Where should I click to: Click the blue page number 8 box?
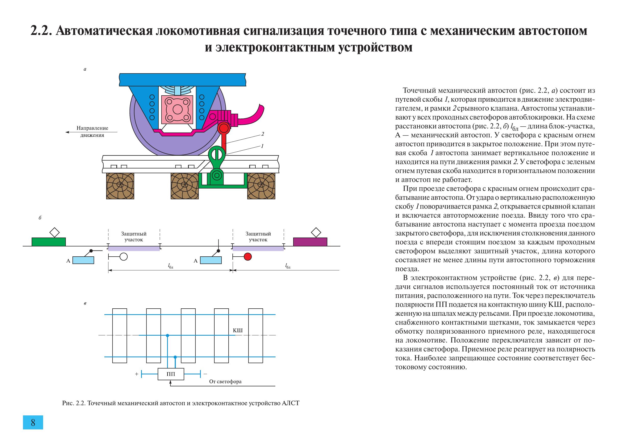pos(33,422)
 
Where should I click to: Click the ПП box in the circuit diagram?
pos(171,374)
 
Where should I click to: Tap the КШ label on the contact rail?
pos(238,330)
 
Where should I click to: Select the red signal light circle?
pos(247,257)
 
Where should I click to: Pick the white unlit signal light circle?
pos(123,257)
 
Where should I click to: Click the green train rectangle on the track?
pos(49,242)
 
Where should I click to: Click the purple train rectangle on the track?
pos(310,242)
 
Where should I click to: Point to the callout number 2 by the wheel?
pos(263,134)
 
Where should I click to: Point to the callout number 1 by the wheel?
pos(263,146)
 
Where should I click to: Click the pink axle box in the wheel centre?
pos(178,110)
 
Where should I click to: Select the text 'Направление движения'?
pos(92,132)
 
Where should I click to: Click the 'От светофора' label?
pos(225,382)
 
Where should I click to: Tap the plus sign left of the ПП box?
pos(136,374)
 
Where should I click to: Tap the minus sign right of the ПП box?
pos(205,374)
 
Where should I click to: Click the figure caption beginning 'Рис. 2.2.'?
pos(181,403)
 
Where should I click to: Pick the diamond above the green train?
pos(55,232)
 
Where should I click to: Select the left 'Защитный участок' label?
pos(134,236)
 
